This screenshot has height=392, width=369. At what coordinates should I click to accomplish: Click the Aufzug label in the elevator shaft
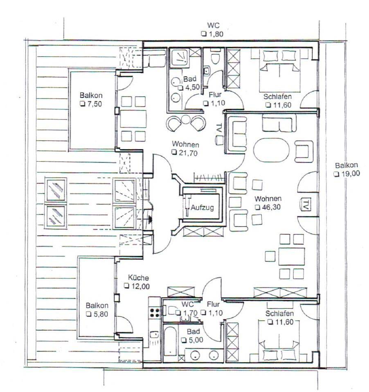(202, 207)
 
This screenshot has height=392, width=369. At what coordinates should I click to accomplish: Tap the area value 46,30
(271, 207)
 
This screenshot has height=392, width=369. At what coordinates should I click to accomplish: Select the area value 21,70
(188, 153)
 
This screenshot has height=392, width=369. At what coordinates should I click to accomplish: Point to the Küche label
(139, 278)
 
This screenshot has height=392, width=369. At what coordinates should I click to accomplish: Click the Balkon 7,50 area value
(94, 104)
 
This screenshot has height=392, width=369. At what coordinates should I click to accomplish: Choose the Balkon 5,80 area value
(101, 314)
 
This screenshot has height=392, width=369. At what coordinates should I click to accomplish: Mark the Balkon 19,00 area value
(351, 174)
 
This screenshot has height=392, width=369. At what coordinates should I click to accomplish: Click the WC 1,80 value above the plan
(216, 34)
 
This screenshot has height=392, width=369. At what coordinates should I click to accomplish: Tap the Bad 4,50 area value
(192, 87)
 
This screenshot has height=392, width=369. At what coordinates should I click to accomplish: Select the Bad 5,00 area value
(196, 340)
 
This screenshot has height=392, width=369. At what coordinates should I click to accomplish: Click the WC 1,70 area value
(190, 313)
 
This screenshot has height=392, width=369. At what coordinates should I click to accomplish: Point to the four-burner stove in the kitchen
(155, 312)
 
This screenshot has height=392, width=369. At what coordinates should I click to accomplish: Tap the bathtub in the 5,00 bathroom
(171, 341)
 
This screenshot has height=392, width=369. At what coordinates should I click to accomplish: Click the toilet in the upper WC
(215, 57)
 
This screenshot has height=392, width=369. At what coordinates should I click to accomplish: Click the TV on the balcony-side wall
(305, 205)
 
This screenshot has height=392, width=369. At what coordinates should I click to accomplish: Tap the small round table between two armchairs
(186, 120)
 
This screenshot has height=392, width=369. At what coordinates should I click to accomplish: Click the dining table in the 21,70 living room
(133, 119)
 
